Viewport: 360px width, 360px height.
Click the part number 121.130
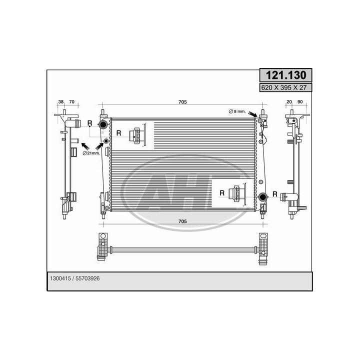pyautogui.click(x=286, y=75)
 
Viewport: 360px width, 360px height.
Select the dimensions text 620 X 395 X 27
pyautogui.click(x=284, y=87)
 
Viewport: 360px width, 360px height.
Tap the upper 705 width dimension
pyautogui.click(x=182, y=102)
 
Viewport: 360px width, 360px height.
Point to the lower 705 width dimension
pyautogui.click(x=182, y=221)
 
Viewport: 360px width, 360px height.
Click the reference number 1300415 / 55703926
pyautogui.click(x=75, y=278)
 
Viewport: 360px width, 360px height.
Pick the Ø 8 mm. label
pyautogui.click(x=237, y=111)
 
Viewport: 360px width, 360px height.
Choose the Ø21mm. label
pyautogui.click(x=91, y=153)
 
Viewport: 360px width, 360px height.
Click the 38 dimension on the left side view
pyautogui.click(x=61, y=101)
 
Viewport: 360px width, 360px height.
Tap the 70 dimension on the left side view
pyautogui.click(x=72, y=101)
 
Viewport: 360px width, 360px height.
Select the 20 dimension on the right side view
pyautogui.click(x=289, y=101)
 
